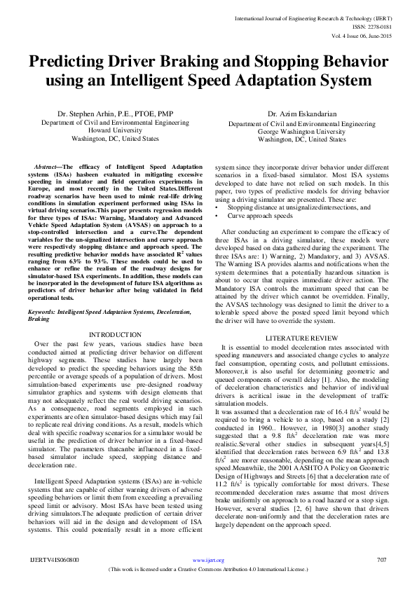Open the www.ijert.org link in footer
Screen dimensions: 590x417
(x=208, y=561)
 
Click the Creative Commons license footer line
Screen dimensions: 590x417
(x=208, y=568)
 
